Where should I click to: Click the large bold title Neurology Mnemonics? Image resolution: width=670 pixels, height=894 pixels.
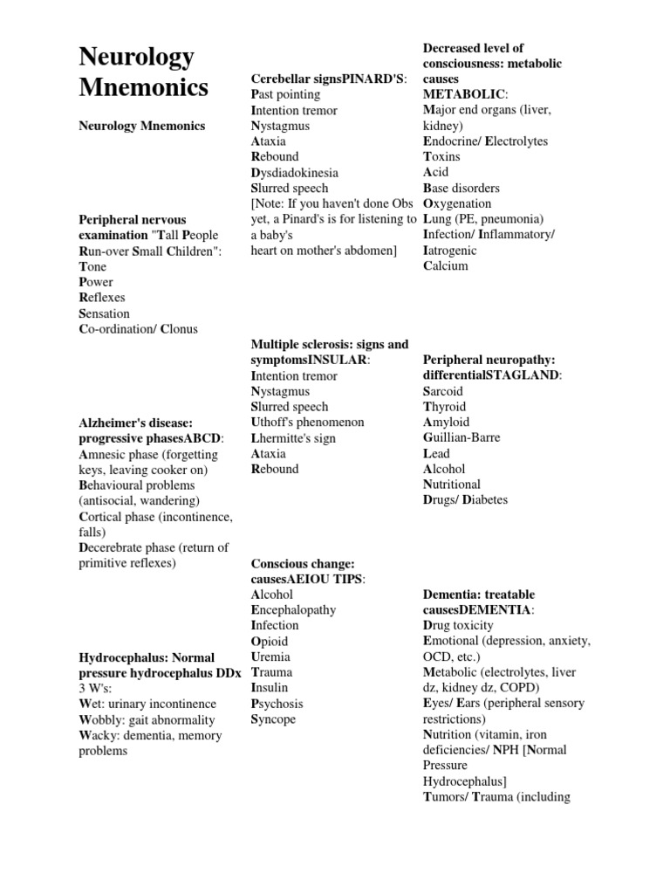144,72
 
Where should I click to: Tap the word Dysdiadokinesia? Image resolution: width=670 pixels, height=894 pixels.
294,172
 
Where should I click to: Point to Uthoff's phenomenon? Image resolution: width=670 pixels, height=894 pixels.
307,422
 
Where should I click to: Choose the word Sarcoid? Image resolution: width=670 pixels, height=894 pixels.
442,390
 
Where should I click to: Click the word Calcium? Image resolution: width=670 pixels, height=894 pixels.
445,265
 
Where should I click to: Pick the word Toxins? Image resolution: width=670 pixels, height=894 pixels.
441,156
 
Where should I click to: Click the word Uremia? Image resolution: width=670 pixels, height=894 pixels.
270,657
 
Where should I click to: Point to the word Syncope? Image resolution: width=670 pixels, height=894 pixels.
273,719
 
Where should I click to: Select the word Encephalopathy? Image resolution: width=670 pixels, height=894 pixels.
292,609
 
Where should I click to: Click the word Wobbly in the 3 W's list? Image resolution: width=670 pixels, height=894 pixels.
99,719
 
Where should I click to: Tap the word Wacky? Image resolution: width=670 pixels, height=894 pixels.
96,735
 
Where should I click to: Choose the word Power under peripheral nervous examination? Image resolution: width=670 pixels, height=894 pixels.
96,282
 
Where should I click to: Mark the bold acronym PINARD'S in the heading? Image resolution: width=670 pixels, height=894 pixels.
373,79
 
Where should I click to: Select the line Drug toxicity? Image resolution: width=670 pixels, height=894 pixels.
458,625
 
